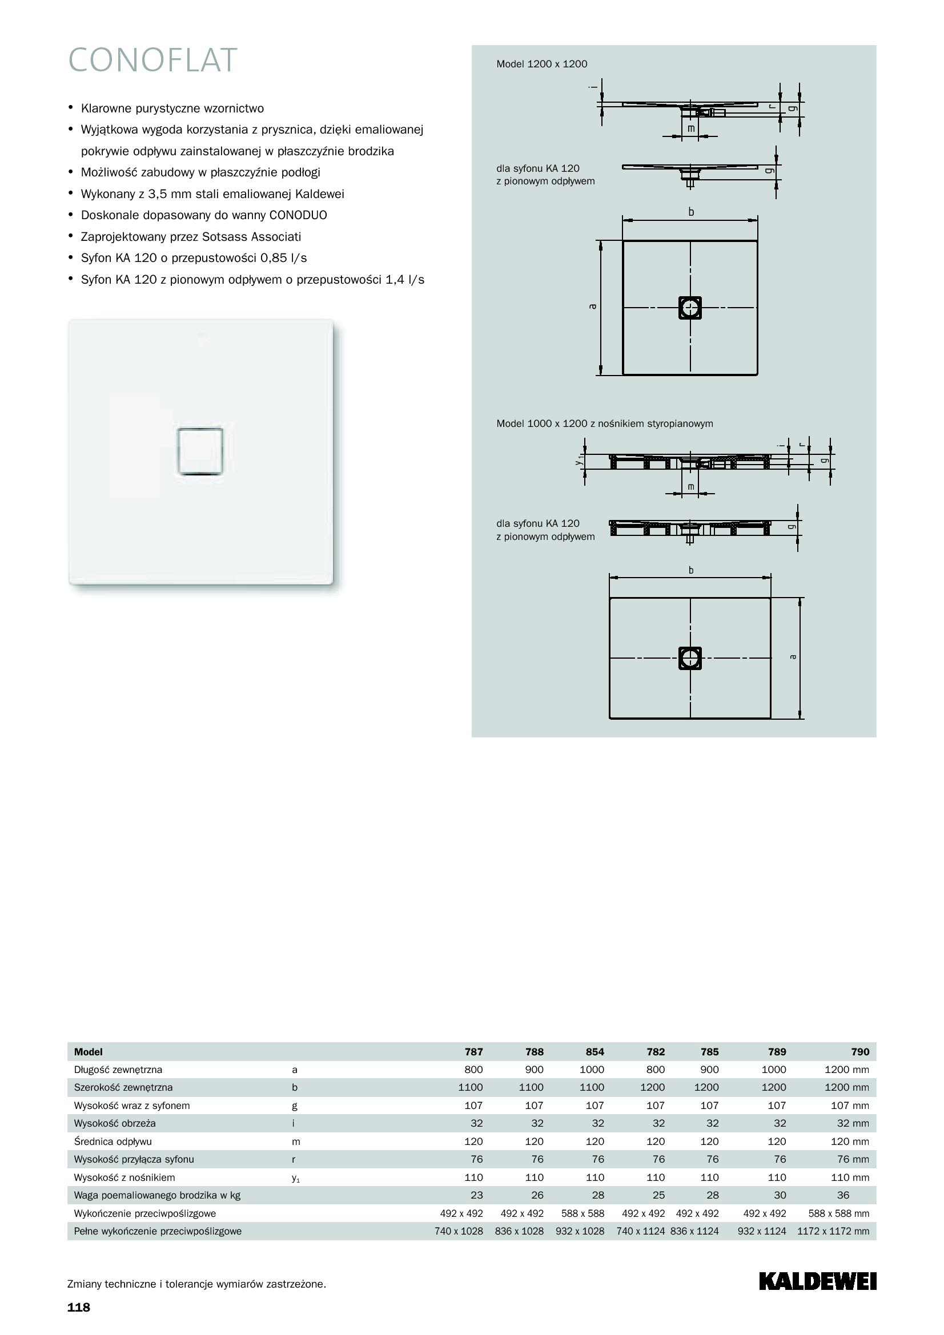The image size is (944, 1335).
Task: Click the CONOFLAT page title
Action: pyautogui.click(x=152, y=60)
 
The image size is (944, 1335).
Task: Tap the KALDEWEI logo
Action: pyautogui.click(x=817, y=1281)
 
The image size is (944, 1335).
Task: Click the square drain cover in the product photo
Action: pyautogui.click(x=200, y=451)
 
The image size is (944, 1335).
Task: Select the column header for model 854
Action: pyautogui.click(x=594, y=1051)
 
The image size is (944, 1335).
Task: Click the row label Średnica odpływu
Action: pyautogui.click(x=113, y=1141)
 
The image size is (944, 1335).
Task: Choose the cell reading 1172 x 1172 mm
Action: pyautogui.click(x=833, y=1231)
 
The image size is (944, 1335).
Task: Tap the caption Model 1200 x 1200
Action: pyautogui.click(x=541, y=64)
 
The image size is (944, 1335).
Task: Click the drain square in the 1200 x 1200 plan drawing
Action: pyautogui.click(x=690, y=308)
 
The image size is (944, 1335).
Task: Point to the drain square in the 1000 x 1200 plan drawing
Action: pyautogui.click(x=690, y=658)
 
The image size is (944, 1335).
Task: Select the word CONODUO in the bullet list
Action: pyautogui.click(x=298, y=215)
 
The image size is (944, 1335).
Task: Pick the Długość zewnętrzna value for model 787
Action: pyautogui.click(x=473, y=1069)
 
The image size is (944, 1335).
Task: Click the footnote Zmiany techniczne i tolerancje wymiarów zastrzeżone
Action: pyautogui.click(x=196, y=1284)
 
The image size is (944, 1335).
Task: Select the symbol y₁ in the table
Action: pyautogui.click(x=295, y=1177)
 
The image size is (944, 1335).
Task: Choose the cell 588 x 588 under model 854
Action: pyautogui.click(x=580, y=1213)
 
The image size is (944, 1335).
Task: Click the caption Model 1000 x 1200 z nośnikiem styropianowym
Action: pyautogui.click(x=604, y=424)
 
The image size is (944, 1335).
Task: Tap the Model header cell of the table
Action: pyautogui.click(x=89, y=1051)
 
